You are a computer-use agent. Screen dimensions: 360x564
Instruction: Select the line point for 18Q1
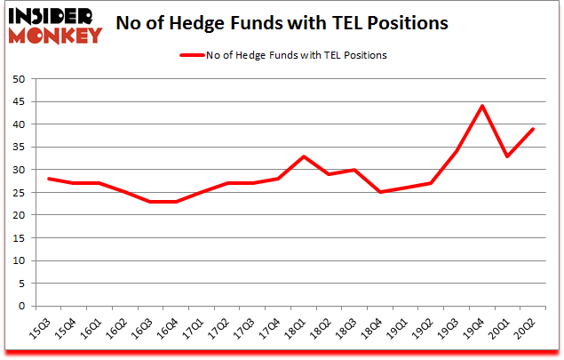[x=304, y=156]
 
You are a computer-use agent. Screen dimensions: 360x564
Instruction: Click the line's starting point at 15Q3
[x=48, y=179]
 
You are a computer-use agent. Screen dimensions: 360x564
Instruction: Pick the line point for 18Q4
[x=381, y=192]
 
